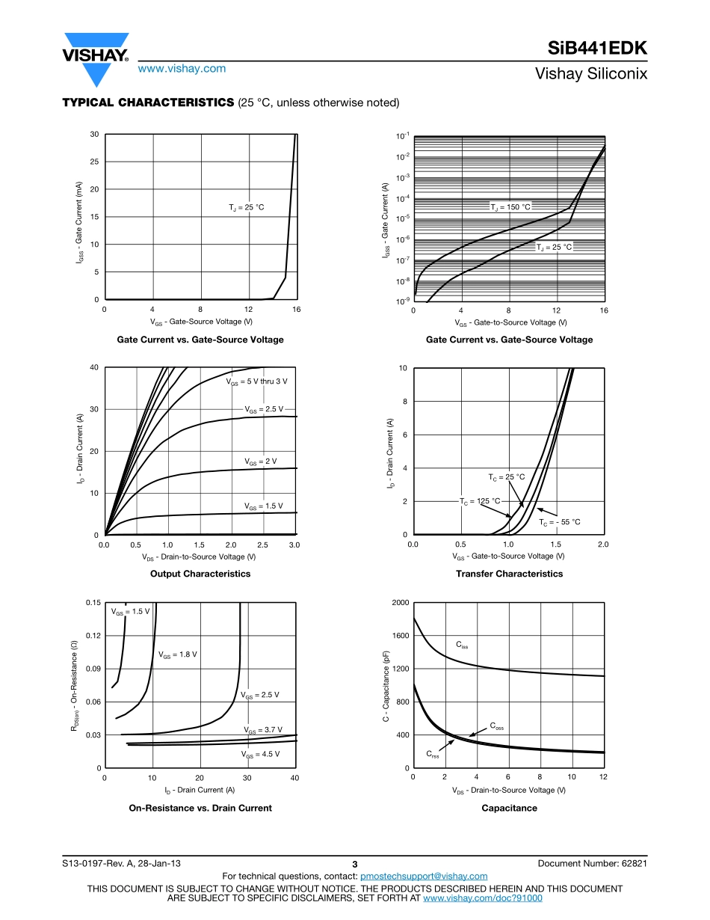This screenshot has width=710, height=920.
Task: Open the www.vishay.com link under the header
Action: [182, 68]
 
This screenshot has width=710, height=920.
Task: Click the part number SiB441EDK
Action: [597, 49]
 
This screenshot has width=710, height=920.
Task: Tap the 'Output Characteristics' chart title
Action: [200, 574]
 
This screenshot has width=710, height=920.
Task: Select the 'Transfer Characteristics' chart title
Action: [509, 574]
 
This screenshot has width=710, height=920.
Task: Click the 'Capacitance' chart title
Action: [509, 808]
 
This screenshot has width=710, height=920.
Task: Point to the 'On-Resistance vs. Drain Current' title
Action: [200, 808]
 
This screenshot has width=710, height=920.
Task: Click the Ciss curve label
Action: [462, 644]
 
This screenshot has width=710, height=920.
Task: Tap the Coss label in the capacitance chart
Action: [497, 726]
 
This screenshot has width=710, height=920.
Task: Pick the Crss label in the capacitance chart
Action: [433, 754]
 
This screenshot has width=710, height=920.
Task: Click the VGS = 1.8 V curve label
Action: [178, 654]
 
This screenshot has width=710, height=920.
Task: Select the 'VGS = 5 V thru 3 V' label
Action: [256, 381]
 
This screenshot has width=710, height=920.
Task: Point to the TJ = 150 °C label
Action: [510, 207]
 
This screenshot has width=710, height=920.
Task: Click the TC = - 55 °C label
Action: [560, 522]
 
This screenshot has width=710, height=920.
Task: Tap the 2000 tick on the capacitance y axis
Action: [400, 603]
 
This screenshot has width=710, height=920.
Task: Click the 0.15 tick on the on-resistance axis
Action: [93, 603]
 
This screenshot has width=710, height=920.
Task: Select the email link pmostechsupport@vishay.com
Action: [424, 876]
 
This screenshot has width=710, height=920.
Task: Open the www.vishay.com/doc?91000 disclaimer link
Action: [483, 898]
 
